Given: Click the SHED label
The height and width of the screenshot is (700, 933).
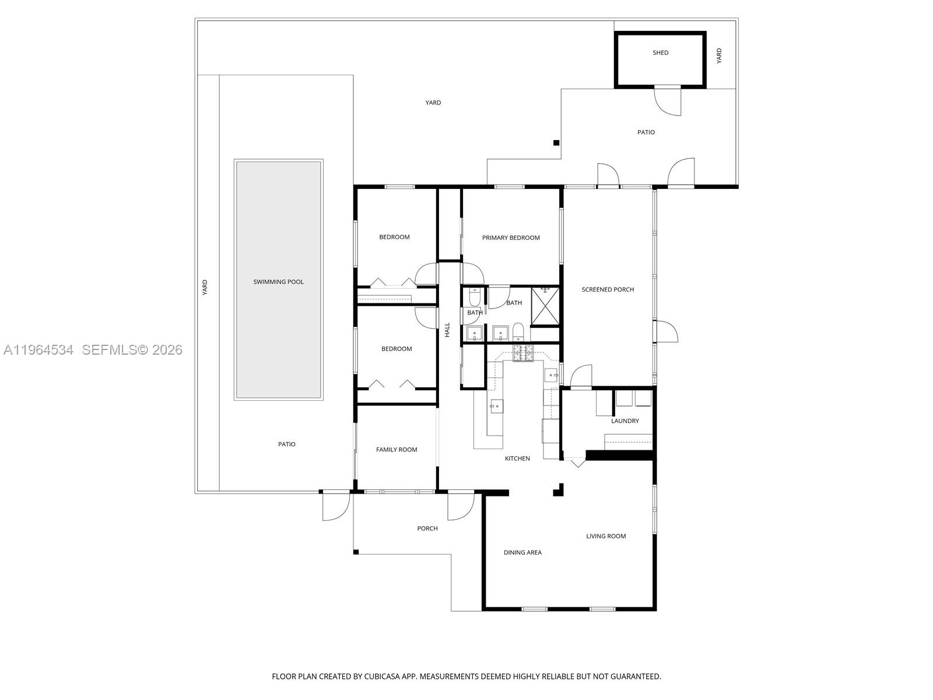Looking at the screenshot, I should pyautogui.click(x=660, y=52).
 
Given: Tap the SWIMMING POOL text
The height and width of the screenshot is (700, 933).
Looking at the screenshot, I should pyautogui.click(x=278, y=282).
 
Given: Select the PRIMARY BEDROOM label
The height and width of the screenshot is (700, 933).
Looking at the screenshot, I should pyautogui.click(x=511, y=237).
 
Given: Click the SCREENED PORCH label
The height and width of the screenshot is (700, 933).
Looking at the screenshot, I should pyautogui.click(x=608, y=289).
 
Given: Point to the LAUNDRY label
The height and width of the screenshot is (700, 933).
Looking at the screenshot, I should pyautogui.click(x=625, y=421).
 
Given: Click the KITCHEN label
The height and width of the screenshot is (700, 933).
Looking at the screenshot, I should pyautogui.click(x=517, y=459).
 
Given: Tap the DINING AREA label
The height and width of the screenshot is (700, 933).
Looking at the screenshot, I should pyautogui.click(x=522, y=552).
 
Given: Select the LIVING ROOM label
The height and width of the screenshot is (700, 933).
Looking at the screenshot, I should pyautogui.click(x=606, y=536).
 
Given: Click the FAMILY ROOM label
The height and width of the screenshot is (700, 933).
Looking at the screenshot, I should pyautogui.click(x=397, y=449).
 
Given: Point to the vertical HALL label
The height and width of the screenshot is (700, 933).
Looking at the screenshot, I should pyautogui.click(x=447, y=330).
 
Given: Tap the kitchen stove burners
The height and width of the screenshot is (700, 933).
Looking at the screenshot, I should pyautogui.click(x=523, y=353).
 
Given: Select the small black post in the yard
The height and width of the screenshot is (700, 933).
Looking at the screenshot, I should pyautogui.click(x=556, y=143).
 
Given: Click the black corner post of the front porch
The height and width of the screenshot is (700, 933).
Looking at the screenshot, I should pyautogui.click(x=356, y=551).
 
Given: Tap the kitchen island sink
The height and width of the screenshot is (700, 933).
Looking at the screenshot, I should pyautogui.click(x=496, y=406).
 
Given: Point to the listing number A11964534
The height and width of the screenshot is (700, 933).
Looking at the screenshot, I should pyautogui.click(x=38, y=350).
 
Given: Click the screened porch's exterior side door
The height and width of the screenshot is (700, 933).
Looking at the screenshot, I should pyautogui.click(x=667, y=331).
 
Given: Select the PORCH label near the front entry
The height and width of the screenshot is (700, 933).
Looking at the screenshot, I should pyautogui.click(x=427, y=528).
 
